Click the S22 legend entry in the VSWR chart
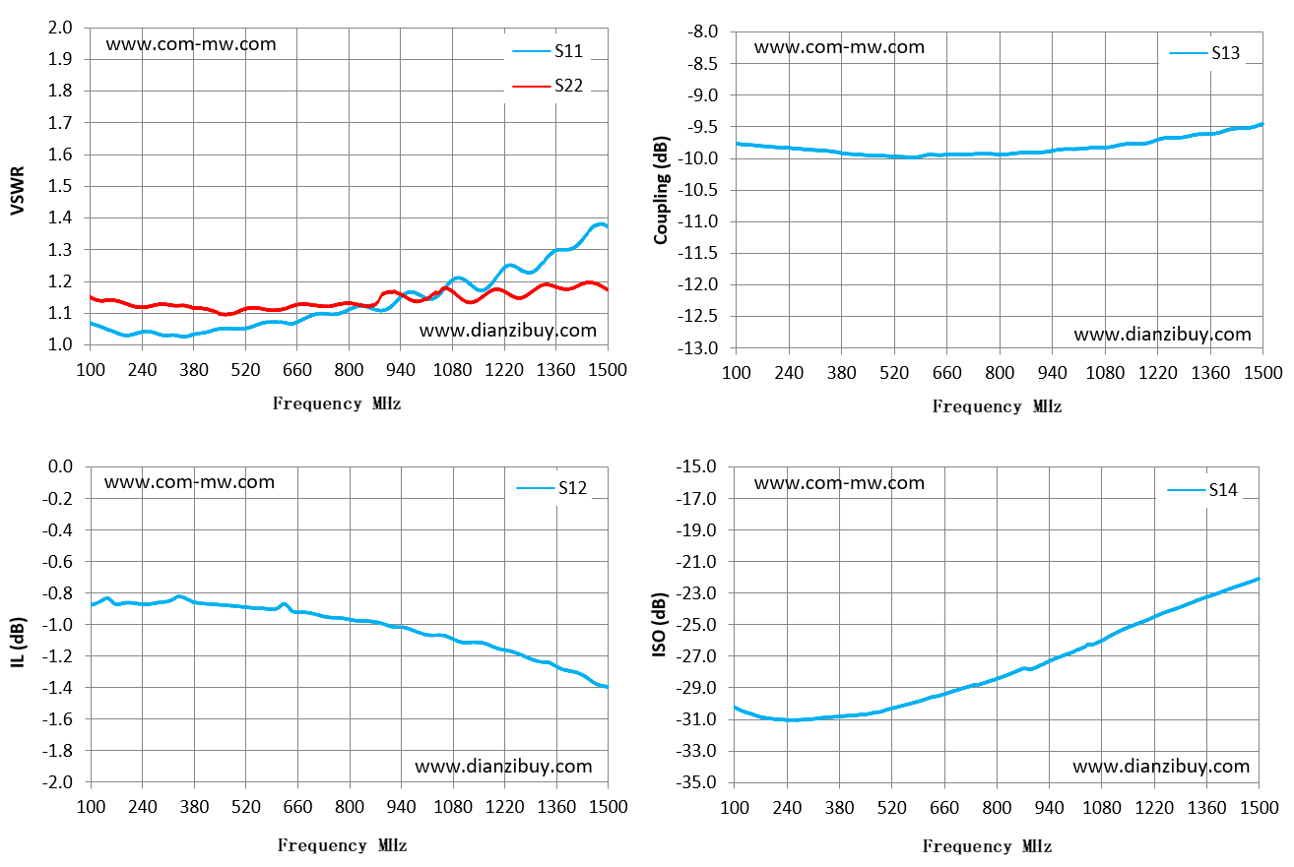(x=548, y=86)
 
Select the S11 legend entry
(x=548, y=51)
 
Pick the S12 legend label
(x=551, y=488)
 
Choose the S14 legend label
(x=1202, y=490)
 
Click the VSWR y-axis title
(x=18, y=191)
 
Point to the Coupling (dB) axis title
(x=661, y=191)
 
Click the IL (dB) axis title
(x=18, y=643)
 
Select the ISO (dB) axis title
(x=659, y=625)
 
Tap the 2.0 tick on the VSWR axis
(x=60, y=28)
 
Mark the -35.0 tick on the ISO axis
(x=696, y=782)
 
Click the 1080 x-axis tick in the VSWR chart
(x=452, y=370)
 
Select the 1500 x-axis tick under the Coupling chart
(x=1262, y=373)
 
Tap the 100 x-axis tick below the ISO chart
(x=735, y=807)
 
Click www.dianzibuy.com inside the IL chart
(x=504, y=767)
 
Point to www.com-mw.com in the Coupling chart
(x=839, y=47)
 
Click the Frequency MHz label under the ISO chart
(x=987, y=846)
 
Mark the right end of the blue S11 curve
(x=608, y=227)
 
